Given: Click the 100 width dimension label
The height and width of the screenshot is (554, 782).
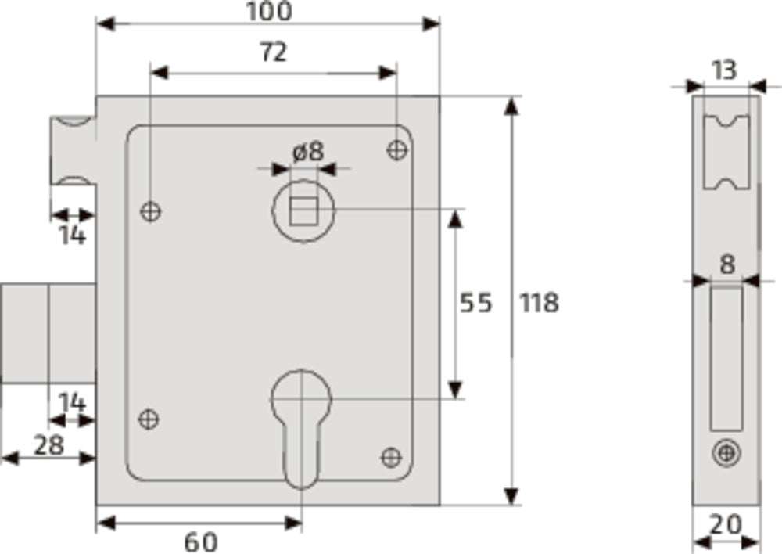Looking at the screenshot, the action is [269, 12].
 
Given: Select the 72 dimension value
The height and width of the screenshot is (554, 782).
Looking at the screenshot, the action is [273, 52].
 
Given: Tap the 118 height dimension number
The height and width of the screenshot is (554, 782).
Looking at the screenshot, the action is [539, 303].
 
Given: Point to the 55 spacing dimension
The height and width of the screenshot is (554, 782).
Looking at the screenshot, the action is [475, 303].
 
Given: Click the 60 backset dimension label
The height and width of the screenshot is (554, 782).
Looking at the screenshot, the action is [201, 542].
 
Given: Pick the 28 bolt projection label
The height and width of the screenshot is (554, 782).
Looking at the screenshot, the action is [48, 445].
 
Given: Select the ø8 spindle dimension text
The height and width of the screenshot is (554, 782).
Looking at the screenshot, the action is [307, 152].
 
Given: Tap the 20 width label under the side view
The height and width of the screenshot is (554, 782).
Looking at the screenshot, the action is [726, 525].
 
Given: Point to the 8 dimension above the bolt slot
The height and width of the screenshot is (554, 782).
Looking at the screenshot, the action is [727, 264].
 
